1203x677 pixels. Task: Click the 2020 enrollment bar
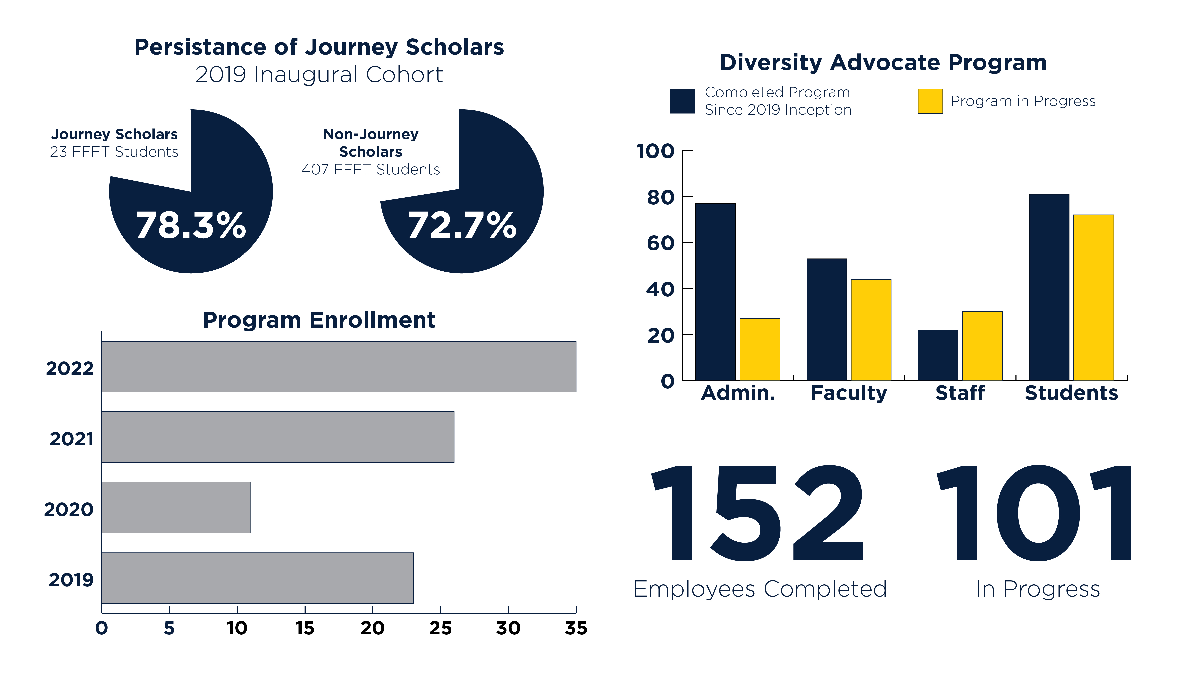[x=176, y=507]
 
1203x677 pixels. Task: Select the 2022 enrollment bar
[x=339, y=366]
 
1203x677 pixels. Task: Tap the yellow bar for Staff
[x=982, y=346]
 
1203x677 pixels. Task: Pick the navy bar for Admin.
[x=715, y=292]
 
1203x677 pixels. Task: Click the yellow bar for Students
[x=1093, y=298]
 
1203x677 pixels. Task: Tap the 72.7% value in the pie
[x=462, y=225]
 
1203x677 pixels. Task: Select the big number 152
[x=757, y=513]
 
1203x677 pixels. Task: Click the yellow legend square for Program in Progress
[x=930, y=101]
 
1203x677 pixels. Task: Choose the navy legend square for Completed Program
[x=682, y=101]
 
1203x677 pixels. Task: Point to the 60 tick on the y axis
[x=660, y=243]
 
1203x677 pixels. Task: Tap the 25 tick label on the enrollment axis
[x=440, y=628]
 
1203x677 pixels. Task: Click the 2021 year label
[x=71, y=439]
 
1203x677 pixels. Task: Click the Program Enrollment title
[x=319, y=320]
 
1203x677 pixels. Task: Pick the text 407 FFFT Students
[x=370, y=169]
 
